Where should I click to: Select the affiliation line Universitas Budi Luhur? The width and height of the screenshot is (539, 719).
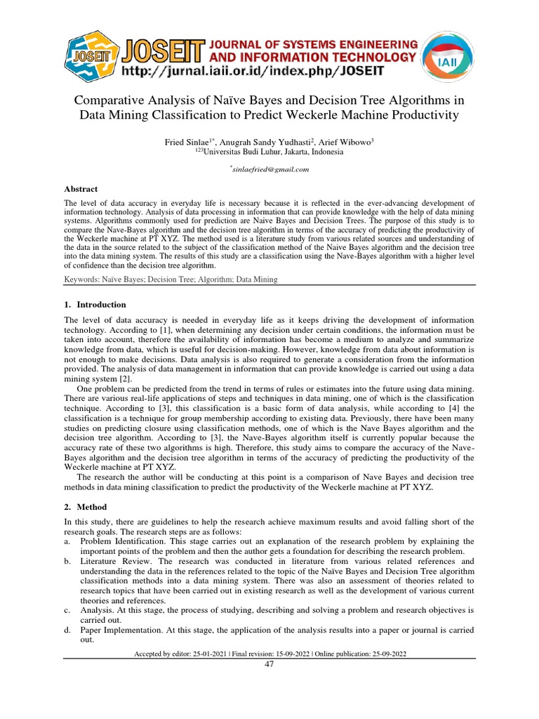tap(269, 151)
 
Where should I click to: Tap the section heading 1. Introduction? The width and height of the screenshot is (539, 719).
tap(95, 305)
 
